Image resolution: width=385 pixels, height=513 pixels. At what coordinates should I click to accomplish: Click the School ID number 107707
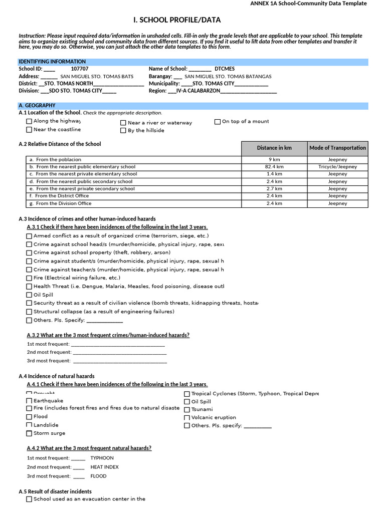point(80,69)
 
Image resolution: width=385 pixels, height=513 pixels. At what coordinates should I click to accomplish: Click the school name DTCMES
point(224,69)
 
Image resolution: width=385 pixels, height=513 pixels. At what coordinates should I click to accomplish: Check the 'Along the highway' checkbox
point(29,121)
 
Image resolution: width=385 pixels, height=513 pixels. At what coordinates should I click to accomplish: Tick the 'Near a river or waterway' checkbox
point(123,123)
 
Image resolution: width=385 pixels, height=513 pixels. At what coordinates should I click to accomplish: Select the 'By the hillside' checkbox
point(123,131)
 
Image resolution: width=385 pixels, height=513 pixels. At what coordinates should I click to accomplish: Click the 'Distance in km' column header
point(274,148)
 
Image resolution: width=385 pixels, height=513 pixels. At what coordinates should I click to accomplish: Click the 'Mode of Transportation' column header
point(337,148)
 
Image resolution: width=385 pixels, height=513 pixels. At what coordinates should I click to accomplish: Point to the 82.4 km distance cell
point(274,167)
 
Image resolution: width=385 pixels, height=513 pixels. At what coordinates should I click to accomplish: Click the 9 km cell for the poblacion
point(274,160)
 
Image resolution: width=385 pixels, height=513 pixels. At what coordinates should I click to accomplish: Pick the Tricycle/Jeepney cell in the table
point(337,167)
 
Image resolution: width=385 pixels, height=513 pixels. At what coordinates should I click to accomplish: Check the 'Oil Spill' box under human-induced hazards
point(29,295)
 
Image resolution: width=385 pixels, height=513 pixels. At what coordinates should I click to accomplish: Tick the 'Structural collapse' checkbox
point(29,312)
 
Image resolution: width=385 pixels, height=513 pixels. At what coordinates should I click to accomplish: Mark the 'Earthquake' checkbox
point(29,401)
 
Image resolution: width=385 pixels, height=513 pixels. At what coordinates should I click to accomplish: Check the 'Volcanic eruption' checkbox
point(187,417)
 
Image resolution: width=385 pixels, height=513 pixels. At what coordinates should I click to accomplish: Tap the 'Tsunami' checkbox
point(187,409)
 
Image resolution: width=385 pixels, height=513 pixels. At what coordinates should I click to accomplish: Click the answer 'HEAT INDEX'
point(104,467)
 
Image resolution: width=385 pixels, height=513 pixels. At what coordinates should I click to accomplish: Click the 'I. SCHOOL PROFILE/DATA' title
point(176,20)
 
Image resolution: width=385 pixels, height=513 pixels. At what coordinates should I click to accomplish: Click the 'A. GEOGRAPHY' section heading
point(37,106)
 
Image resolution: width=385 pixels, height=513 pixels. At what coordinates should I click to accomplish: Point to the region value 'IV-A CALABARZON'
point(198,91)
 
